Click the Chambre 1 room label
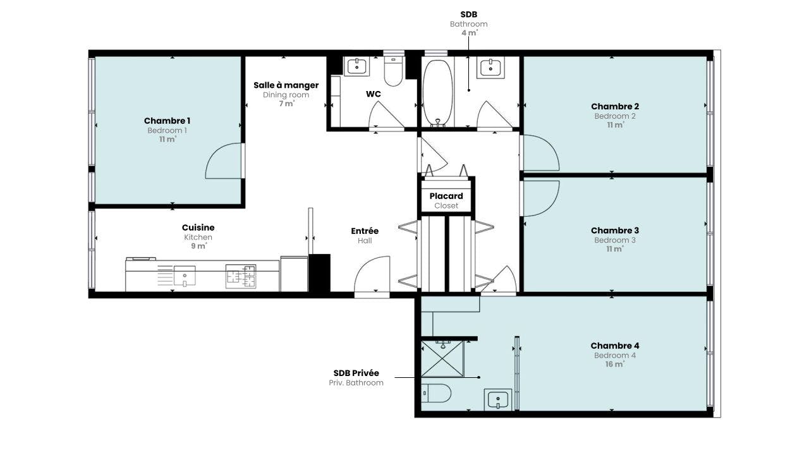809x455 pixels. click(167, 121)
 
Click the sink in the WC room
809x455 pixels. click(357, 66)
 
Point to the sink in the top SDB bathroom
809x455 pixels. click(490, 68)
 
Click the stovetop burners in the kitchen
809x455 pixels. click(241, 277)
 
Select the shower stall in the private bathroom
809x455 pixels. click(442, 358)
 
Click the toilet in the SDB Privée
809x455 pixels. click(436, 393)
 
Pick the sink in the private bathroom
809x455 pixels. click(498, 399)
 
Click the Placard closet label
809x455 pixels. click(446, 196)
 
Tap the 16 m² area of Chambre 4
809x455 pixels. click(615, 364)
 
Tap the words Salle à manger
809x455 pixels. click(286, 85)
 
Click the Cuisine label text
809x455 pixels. click(198, 227)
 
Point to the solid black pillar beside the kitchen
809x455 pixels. click(319, 273)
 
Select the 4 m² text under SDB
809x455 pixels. click(469, 33)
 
